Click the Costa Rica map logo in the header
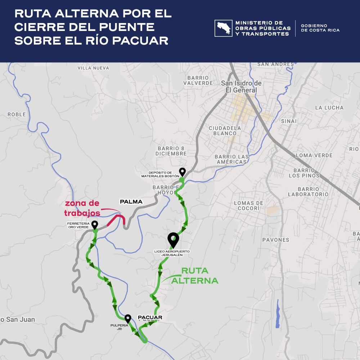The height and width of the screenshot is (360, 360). pyautogui.click(x=223, y=28)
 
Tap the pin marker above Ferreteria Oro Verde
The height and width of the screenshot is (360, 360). pyautogui.click(x=95, y=225)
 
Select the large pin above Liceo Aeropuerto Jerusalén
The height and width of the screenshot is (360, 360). pyautogui.click(x=174, y=239)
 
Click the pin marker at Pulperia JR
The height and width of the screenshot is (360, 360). pyautogui.click(x=128, y=319)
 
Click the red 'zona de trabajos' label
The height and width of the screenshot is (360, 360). pyautogui.click(x=82, y=208)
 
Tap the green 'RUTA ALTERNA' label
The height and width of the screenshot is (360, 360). pyautogui.click(x=194, y=275)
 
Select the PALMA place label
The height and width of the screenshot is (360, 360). pyautogui.click(x=131, y=202)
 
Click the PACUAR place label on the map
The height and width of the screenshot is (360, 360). pyautogui.click(x=150, y=318)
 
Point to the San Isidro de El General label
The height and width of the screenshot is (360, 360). pyautogui.click(x=241, y=87)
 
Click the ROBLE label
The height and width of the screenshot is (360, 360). pyautogui.click(x=17, y=114)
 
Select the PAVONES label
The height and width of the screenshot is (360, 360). pyautogui.click(x=275, y=240)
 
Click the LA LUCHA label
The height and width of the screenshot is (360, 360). pyautogui.click(x=329, y=108)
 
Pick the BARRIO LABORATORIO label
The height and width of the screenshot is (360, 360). pyautogui.click(x=308, y=192)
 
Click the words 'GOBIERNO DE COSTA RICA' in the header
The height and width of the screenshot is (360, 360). pyautogui.click(x=320, y=28)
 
